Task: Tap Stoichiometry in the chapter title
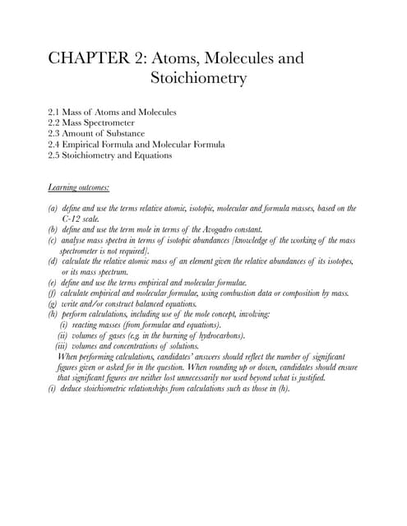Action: (200, 79)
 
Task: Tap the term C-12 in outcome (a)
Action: (74, 219)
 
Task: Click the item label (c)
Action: (53, 240)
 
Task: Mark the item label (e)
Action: (53, 282)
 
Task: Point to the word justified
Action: (308, 378)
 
